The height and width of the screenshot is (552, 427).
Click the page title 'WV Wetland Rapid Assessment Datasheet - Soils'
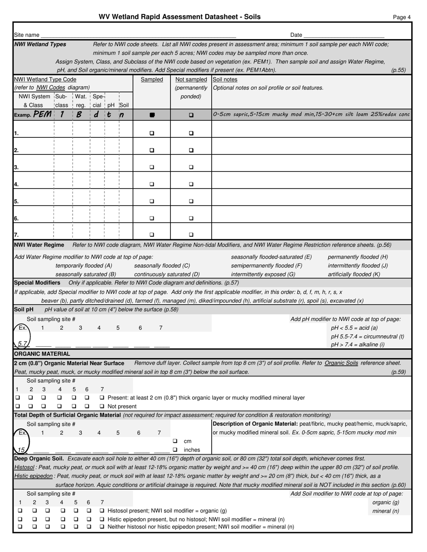[179, 17]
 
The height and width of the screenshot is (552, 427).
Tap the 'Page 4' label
[401, 18]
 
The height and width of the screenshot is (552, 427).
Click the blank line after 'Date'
[343, 35]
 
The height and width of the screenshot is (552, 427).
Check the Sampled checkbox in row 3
[152, 167]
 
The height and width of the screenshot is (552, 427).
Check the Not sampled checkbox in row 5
[191, 201]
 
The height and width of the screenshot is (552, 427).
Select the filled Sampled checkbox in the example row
[152, 115]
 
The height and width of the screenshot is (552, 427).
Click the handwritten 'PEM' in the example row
[42, 114]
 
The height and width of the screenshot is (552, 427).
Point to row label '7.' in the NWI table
[17, 235]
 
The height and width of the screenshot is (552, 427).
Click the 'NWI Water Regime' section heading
[39, 245]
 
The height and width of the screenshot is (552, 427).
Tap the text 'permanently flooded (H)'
[358, 257]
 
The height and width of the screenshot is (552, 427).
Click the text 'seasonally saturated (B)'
[86, 274]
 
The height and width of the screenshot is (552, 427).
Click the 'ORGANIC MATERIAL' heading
[42, 354]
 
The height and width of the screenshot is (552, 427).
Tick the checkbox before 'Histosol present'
[102, 511]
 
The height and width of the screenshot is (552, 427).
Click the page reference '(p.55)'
[398, 70]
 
